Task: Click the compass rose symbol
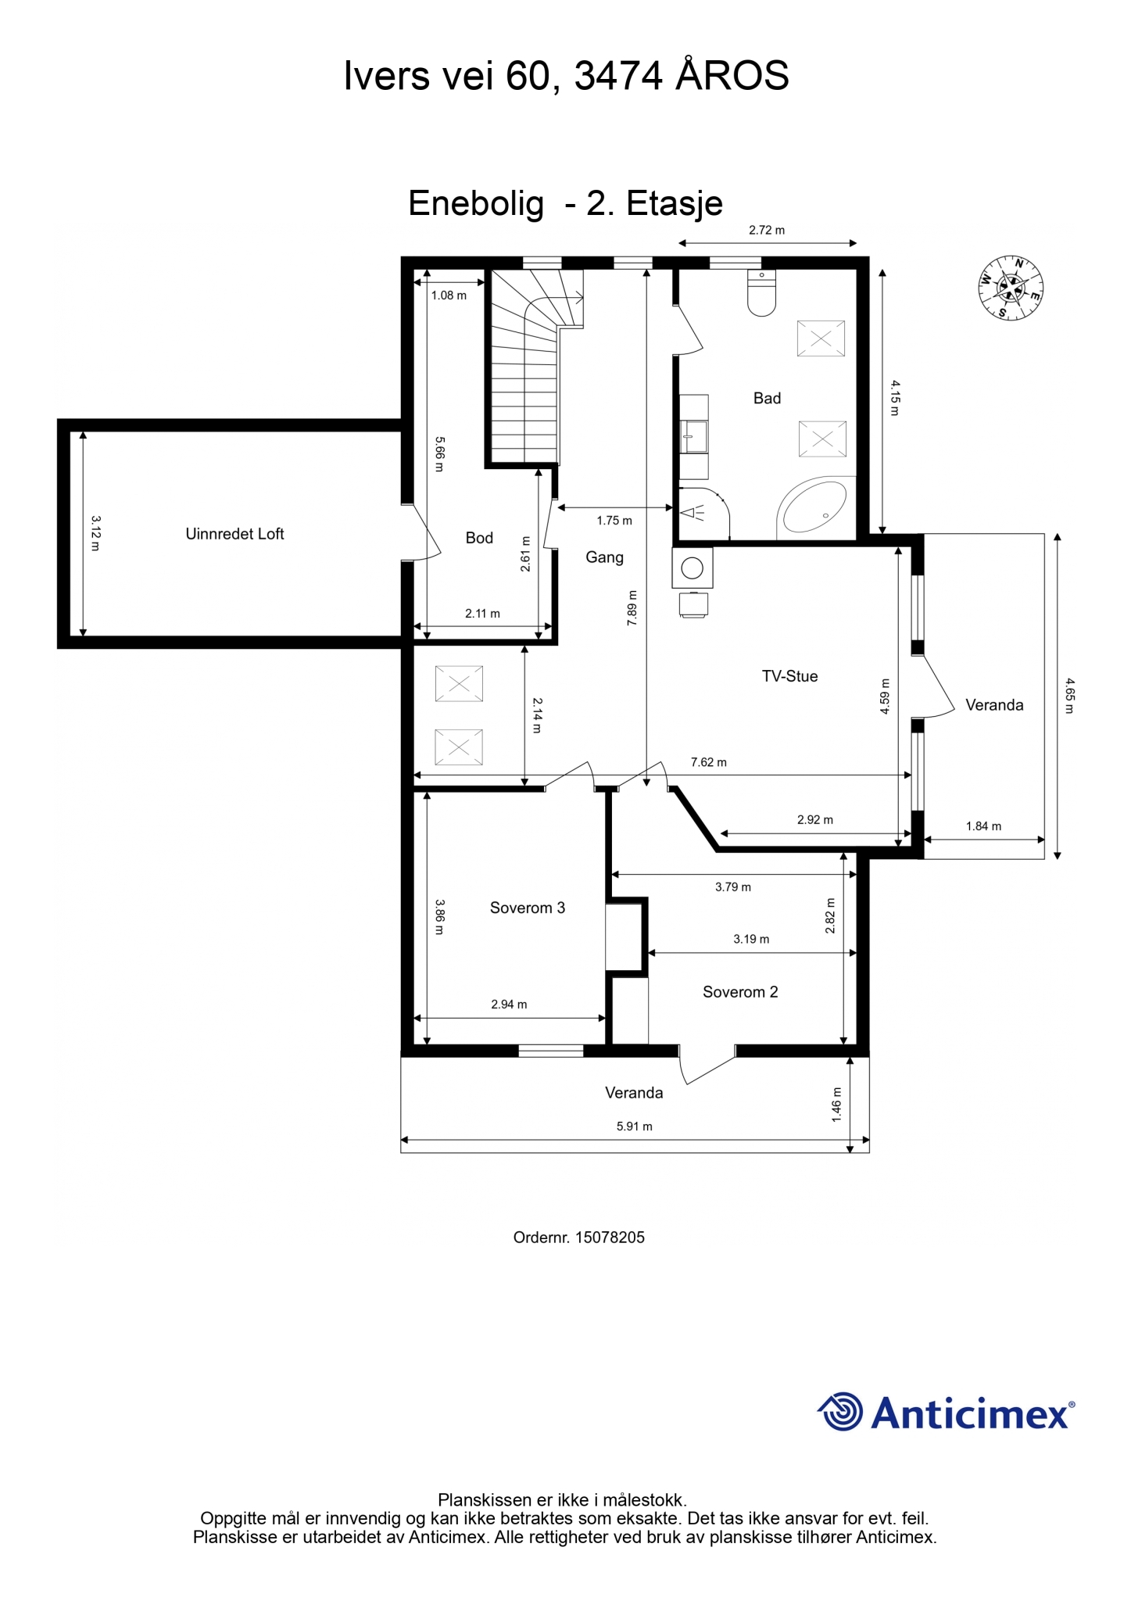pyautogui.click(x=1011, y=288)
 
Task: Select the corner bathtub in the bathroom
pyautogui.click(x=813, y=508)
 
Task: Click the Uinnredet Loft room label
pyautogui.click(x=234, y=534)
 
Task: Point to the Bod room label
pyautogui.click(x=479, y=538)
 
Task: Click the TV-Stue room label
pyautogui.click(x=789, y=676)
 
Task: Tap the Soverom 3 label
pyautogui.click(x=527, y=908)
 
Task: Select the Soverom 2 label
pyautogui.click(x=740, y=992)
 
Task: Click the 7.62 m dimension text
pyautogui.click(x=708, y=762)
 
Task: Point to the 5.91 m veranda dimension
pyautogui.click(x=634, y=1126)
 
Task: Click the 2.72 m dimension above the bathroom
pyautogui.click(x=767, y=230)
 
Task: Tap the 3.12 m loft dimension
pyautogui.click(x=95, y=532)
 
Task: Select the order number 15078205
pyautogui.click(x=610, y=1237)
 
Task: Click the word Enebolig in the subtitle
pyautogui.click(x=476, y=204)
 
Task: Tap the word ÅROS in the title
pyautogui.click(x=732, y=76)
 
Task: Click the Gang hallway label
pyautogui.click(x=604, y=557)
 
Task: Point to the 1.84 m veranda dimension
pyautogui.click(x=983, y=826)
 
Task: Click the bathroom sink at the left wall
pyautogui.click(x=694, y=436)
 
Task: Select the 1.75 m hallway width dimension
pyautogui.click(x=614, y=521)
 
